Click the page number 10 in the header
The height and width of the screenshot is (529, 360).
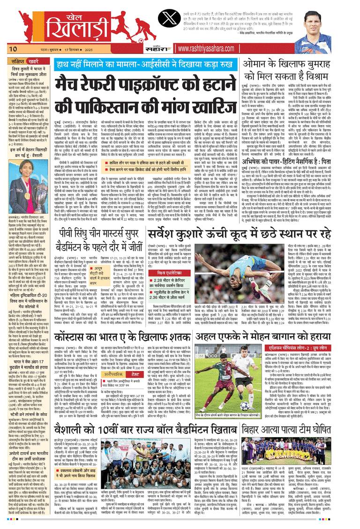coord(13,48)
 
